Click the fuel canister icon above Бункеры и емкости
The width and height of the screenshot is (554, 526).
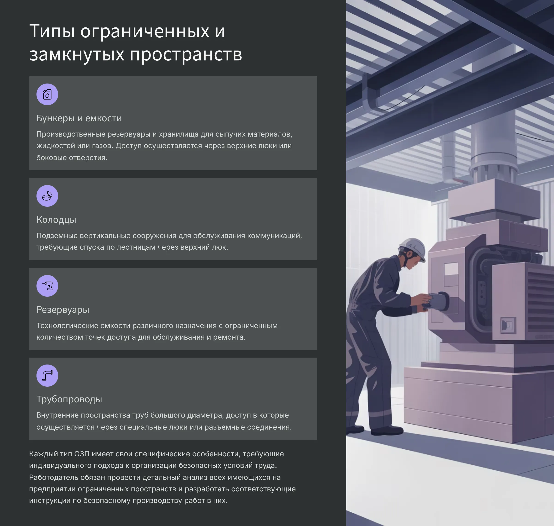click(47, 95)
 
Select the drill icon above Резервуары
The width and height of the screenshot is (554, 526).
click(47, 286)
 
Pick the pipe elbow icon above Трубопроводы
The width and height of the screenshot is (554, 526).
click(47, 375)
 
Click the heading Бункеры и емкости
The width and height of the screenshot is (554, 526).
click(79, 118)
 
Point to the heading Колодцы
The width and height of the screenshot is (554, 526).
click(56, 220)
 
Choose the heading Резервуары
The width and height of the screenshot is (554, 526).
click(63, 310)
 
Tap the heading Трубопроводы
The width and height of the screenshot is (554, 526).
click(69, 399)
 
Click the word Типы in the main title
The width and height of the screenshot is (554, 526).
click(52, 31)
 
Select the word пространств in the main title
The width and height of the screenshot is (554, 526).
click(186, 54)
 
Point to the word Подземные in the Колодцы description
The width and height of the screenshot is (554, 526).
click(57, 236)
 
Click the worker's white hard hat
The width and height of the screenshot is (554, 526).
click(413, 248)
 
